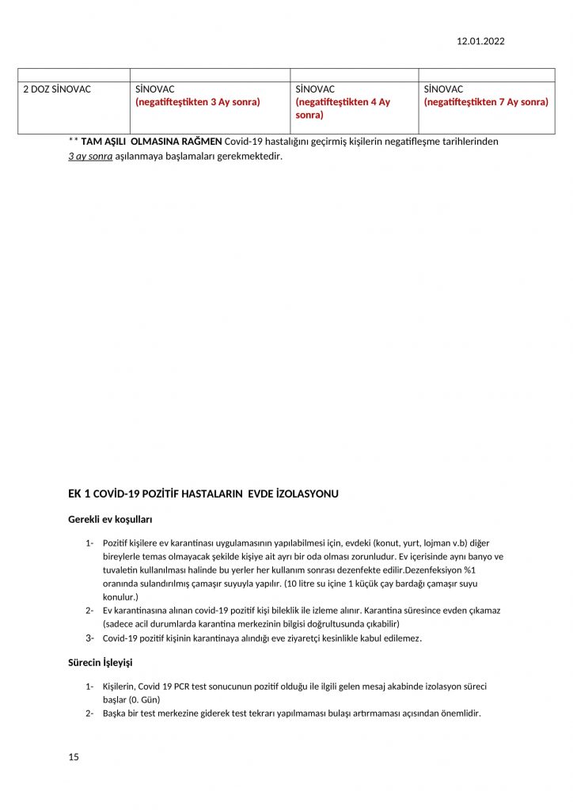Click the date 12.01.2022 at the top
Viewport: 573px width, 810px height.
[x=480, y=42]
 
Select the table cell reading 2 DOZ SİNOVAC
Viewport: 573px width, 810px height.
[x=57, y=89]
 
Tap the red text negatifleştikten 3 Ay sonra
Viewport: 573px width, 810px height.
[x=198, y=102]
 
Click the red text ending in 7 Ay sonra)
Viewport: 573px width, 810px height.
[x=486, y=102]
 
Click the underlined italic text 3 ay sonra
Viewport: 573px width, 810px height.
[x=90, y=156]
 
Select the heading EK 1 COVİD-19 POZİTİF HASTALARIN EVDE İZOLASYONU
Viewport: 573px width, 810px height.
[x=203, y=494]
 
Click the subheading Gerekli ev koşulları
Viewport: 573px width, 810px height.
[x=110, y=520]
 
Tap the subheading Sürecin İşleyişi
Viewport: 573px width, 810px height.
[x=105, y=661]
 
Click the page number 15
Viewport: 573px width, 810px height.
[x=74, y=757]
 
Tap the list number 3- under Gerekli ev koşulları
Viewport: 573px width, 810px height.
[x=90, y=638]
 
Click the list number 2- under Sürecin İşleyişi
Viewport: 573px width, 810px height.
[x=90, y=713]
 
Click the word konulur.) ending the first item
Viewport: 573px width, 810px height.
[x=120, y=596]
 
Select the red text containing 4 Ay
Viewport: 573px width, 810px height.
[x=343, y=108]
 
